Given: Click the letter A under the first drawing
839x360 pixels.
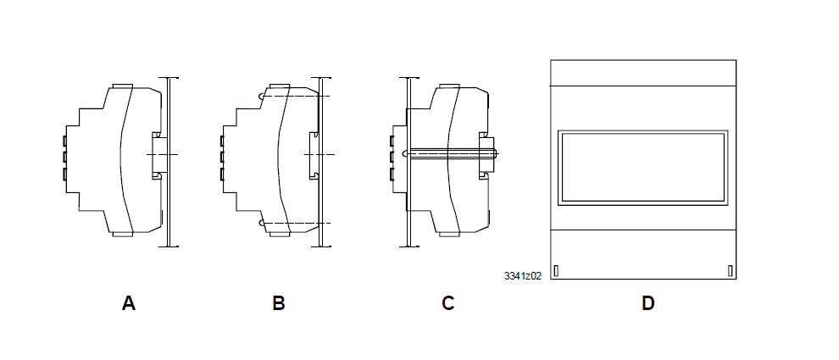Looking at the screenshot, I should coord(129,303).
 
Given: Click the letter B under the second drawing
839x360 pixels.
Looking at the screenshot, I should coord(279,303).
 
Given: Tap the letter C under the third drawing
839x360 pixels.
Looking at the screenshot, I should coord(448,303).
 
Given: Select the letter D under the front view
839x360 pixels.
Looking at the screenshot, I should coord(647,303).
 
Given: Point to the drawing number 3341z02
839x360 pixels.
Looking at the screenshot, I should coord(522,276).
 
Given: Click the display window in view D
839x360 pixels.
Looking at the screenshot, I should coord(643,168).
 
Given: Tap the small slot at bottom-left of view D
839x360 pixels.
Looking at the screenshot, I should coord(556,270).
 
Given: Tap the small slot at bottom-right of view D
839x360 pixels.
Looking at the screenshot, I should coord(730,270).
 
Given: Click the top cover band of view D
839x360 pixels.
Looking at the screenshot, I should coord(643,73).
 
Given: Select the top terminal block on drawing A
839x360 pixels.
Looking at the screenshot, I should coord(65,138).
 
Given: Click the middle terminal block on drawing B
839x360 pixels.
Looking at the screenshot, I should coord(223,156).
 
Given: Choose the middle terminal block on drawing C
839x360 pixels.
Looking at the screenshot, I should coord(394,156).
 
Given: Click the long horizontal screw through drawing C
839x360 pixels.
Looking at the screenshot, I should coord(453,153).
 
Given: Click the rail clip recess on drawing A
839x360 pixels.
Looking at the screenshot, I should coord(157,155).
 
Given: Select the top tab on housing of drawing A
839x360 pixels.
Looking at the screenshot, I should coord(121,86).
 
